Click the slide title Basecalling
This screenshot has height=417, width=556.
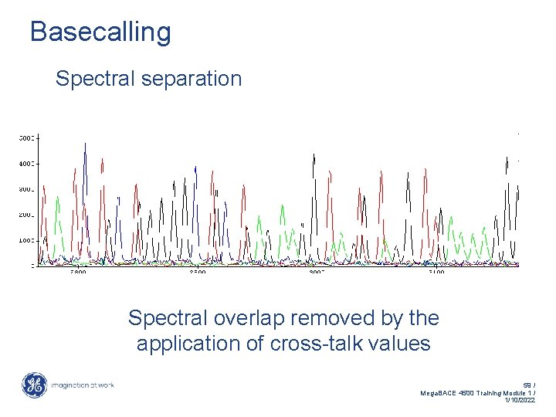[x=100, y=32]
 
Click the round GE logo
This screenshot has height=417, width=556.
[x=34, y=385]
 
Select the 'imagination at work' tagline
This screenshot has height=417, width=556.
[x=83, y=385]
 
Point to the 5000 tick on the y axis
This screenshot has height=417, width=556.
[x=26, y=138]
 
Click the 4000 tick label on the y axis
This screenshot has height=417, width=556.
[x=26, y=164]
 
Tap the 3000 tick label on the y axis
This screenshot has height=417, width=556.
[x=26, y=189]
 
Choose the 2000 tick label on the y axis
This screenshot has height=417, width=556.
[x=26, y=215]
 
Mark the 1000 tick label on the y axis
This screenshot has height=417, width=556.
[x=26, y=240]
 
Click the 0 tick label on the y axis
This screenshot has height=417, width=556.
[x=32, y=266]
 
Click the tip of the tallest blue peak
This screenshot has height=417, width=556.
[x=85, y=144]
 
